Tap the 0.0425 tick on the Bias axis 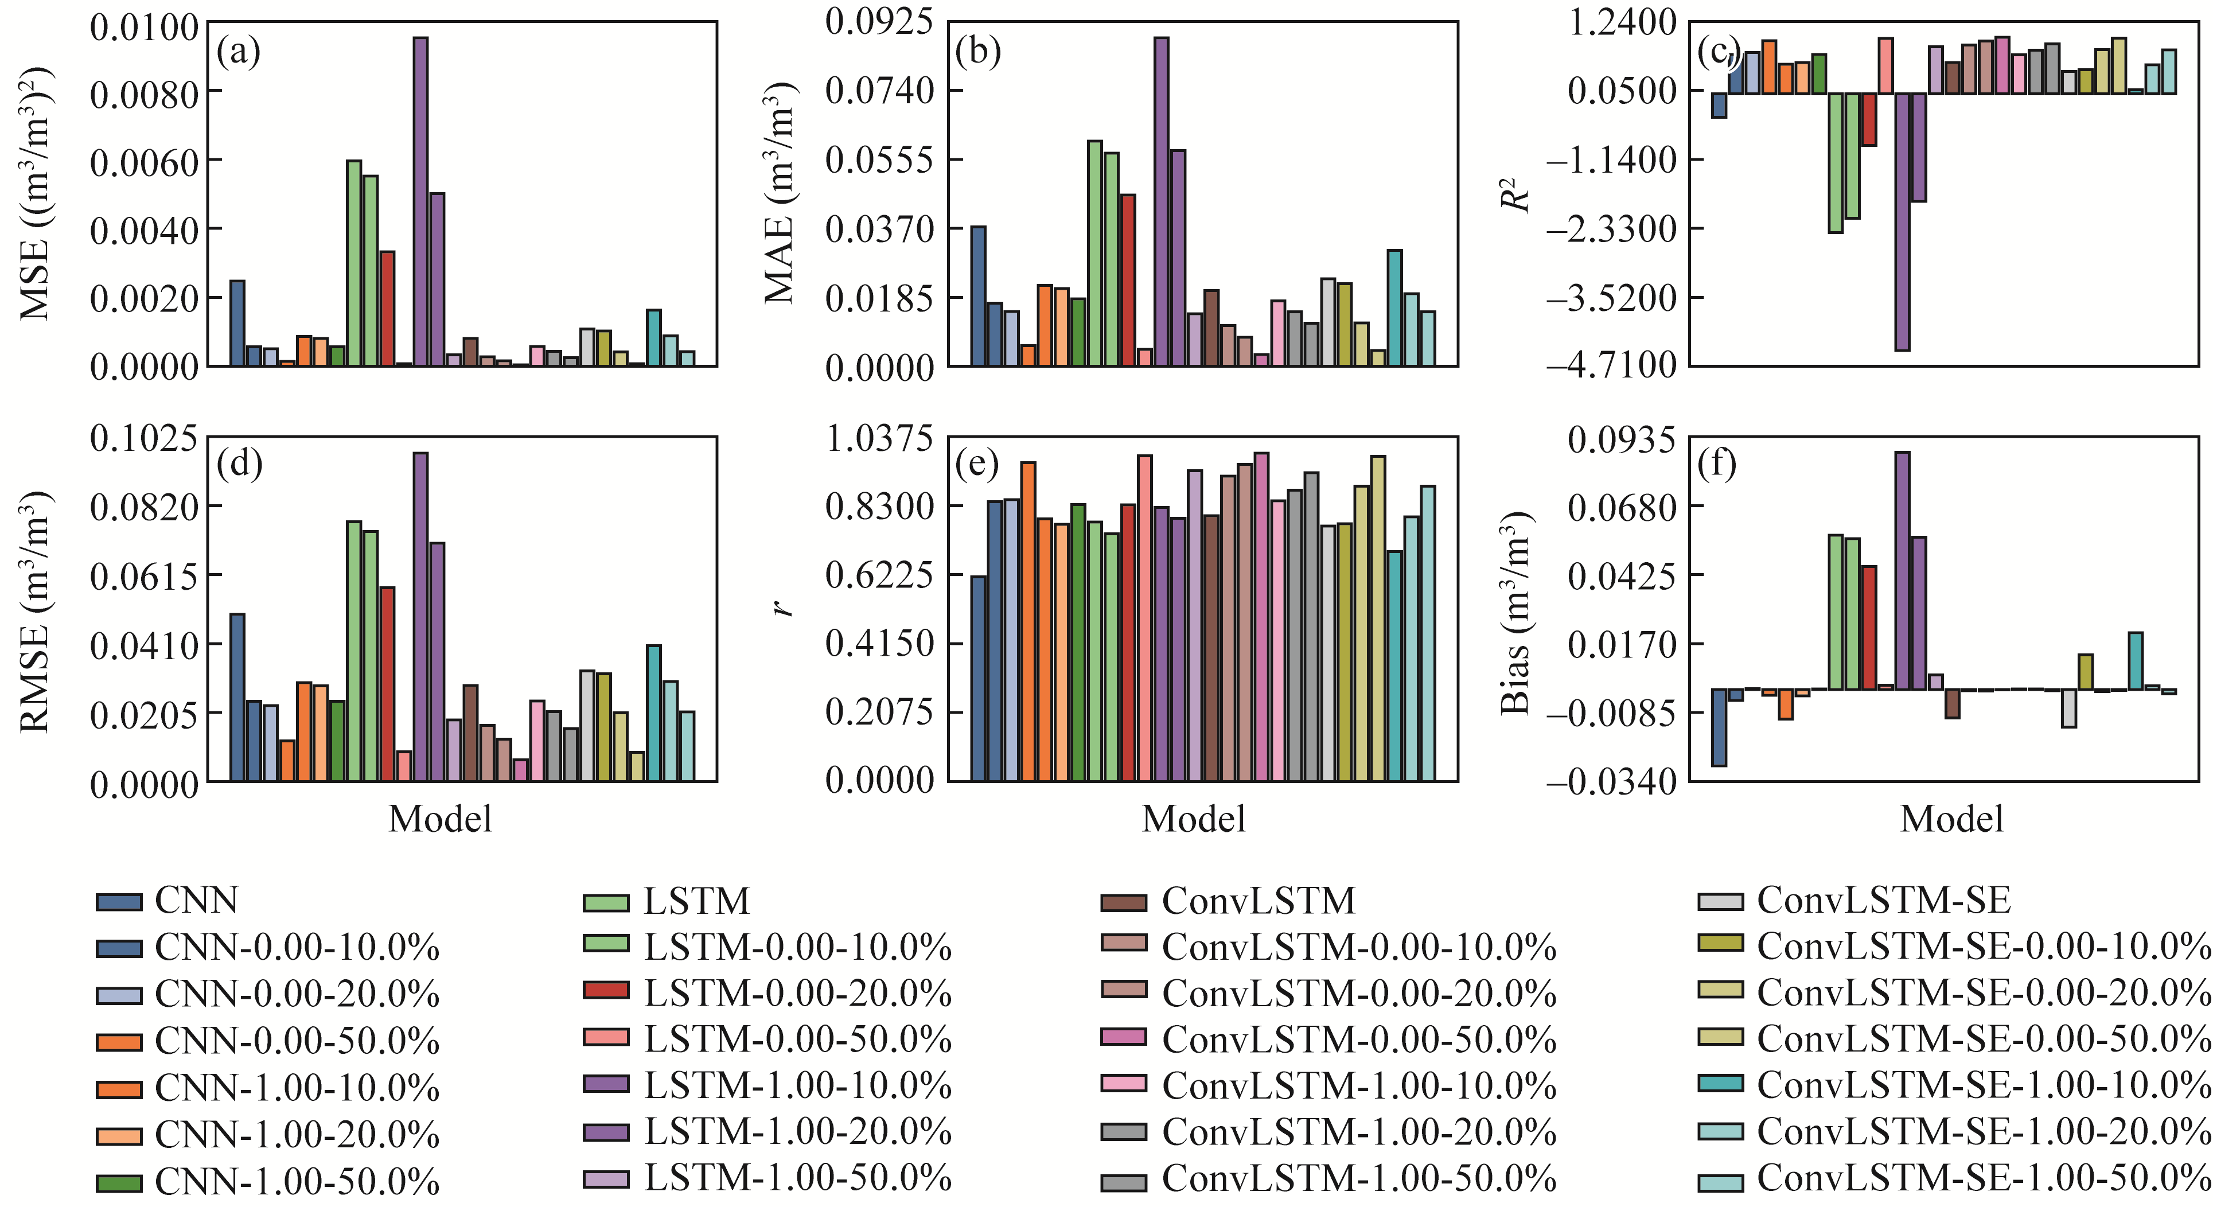pos(1621,575)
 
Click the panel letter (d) pos(239,464)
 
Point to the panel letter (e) pos(977,464)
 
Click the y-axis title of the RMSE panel pos(34,611)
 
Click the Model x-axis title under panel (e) pos(1193,819)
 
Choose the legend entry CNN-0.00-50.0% pos(297,1041)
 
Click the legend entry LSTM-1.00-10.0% pos(797,1086)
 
